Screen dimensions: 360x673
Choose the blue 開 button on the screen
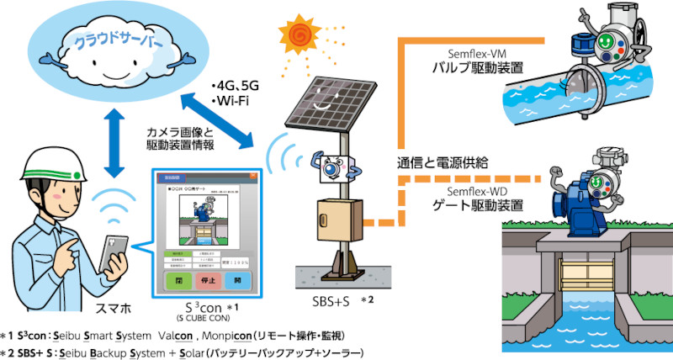(x=238, y=281)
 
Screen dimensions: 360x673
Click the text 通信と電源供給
(x=441, y=161)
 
